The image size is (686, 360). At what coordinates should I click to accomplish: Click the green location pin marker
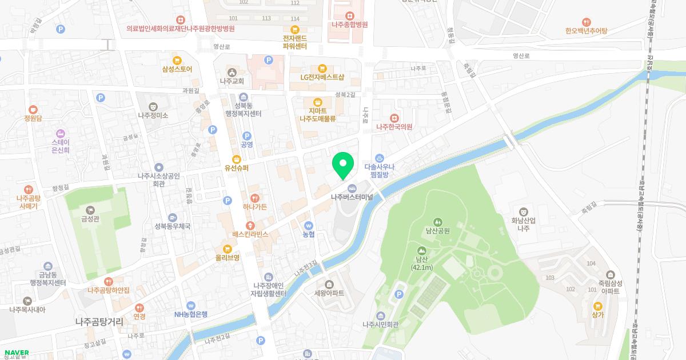(343, 166)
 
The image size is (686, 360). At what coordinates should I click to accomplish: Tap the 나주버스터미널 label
(352, 197)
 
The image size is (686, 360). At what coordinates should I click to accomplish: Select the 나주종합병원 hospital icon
(349, 15)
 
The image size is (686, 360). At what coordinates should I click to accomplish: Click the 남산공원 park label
(438, 231)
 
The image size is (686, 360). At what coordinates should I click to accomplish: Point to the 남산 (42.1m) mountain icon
(422, 250)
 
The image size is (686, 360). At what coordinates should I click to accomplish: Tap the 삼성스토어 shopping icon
(177, 59)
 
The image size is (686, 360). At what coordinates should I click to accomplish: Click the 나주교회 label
(232, 81)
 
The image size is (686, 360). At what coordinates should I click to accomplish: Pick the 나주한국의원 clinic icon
(394, 117)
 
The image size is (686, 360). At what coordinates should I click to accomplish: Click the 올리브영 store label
(228, 258)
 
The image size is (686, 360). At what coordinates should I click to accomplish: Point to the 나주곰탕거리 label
(99, 322)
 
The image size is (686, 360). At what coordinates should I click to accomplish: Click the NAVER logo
(16, 353)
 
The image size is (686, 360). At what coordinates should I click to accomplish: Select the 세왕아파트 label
(329, 293)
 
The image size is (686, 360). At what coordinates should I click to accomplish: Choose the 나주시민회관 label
(380, 325)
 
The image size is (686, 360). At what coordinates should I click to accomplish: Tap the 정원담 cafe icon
(33, 109)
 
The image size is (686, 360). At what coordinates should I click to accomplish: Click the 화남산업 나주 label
(524, 223)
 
